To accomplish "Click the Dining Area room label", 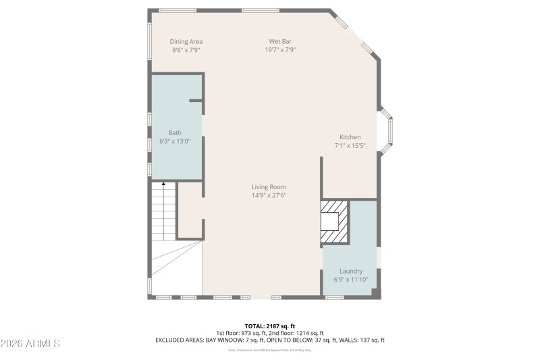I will (x=186, y=41).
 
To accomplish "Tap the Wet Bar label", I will (x=280, y=41).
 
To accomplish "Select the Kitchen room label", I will (x=350, y=137).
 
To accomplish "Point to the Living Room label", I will (x=269, y=187).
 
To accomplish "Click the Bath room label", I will (x=175, y=133).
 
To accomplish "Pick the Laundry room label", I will (x=351, y=272).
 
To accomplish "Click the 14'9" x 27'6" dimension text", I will (x=269, y=196).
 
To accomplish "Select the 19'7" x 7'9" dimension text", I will (x=280, y=50).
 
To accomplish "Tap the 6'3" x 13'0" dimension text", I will (x=175, y=142).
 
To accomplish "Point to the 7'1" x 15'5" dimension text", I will (x=350, y=146).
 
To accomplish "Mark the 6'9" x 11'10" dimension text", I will (x=351, y=280).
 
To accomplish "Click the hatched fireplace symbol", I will (x=335, y=222).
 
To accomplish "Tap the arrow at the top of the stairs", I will (x=163, y=184).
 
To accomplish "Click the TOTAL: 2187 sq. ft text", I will (x=269, y=326).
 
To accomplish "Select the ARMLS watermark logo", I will (x=31, y=344).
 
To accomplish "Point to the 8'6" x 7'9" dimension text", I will (x=186, y=50).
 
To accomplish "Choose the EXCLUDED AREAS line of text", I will (x=269, y=340).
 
